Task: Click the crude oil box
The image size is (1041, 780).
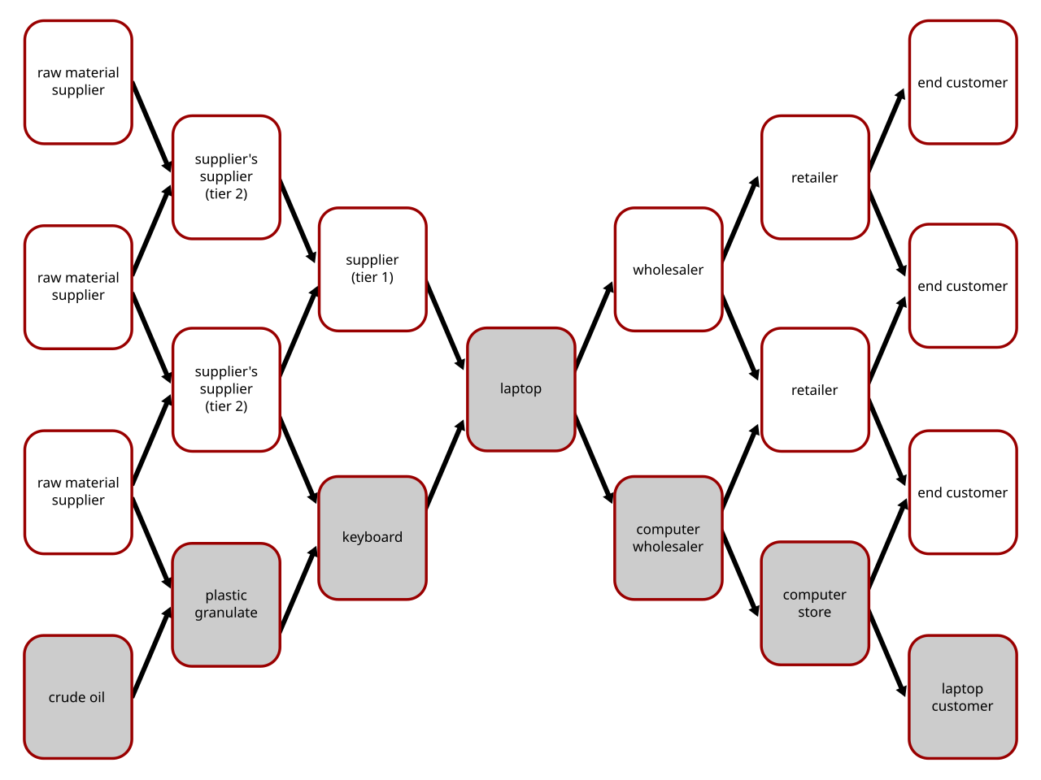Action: pyautogui.click(x=78, y=696)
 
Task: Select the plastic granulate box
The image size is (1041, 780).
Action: pyautogui.click(x=226, y=604)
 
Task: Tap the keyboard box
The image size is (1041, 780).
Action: pyautogui.click(x=372, y=538)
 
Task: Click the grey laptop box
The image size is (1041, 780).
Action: pyautogui.click(x=520, y=389)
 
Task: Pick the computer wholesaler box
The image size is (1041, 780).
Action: pyautogui.click(x=669, y=538)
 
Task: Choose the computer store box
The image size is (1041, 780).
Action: pyautogui.click(x=815, y=603)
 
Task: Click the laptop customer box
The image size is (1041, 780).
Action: pyautogui.click(x=963, y=696)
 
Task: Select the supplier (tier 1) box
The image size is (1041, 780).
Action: pyautogui.click(x=372, y=269)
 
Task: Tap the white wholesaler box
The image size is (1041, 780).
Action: pyautogui.click(x=669, y=269)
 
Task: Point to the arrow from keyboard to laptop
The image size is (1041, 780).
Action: pyautogui.click(x=446, y=464)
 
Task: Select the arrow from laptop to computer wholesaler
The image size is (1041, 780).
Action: pyautogui.click(x=595, y=458)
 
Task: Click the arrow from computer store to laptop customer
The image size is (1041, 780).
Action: pyautogui.click(x=888, y=654)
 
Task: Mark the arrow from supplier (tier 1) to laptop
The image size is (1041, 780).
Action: pyautogui.click(x=446, y=326)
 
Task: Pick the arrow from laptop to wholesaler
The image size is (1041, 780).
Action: pyautogui.click(x=595, y=326)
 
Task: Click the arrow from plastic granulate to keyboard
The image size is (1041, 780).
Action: pyautogui.click(x=298, y=589)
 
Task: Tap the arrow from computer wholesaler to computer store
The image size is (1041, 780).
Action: pyautogui.click(x=741, y=574)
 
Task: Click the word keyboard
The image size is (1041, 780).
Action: pyautogui.click(x=372, y=537)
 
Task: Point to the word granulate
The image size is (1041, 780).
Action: pyautogui.click(x=226, y=613)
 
